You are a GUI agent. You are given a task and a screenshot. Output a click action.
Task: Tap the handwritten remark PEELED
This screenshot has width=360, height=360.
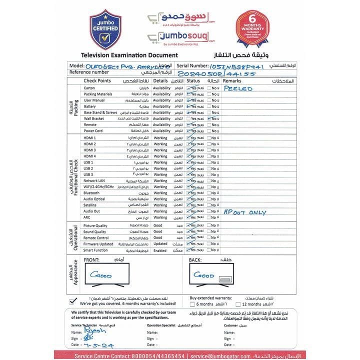pyautogui.click(x=238, y=88)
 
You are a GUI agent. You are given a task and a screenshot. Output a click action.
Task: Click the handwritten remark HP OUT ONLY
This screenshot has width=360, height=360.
pyautogui.click(x=245, y=212)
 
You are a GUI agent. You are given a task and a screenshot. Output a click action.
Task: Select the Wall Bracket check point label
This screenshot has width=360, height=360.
pyautogui.click(x=94, y=118)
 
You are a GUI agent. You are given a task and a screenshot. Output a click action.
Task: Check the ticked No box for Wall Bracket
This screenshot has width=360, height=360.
pyautogui.click(x=209, y=118)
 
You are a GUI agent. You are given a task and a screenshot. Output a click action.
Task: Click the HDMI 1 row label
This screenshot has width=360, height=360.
pyautogui.click(x=90, y=137)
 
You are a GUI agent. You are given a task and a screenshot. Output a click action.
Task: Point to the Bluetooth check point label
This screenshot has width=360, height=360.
pyautogui.click(x=91, y=192)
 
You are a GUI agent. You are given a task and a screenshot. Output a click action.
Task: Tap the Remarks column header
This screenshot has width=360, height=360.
pyautogui.click(x=232, y=80)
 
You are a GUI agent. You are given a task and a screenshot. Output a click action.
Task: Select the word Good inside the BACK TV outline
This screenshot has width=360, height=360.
pyautogui.click(x=204, y=275)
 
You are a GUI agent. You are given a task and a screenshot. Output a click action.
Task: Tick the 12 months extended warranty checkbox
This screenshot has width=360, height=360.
pyautogui.click(x=238, y=303)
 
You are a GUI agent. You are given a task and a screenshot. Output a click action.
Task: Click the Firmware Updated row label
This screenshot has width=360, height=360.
pyautogui.click(x=98, y=244)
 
